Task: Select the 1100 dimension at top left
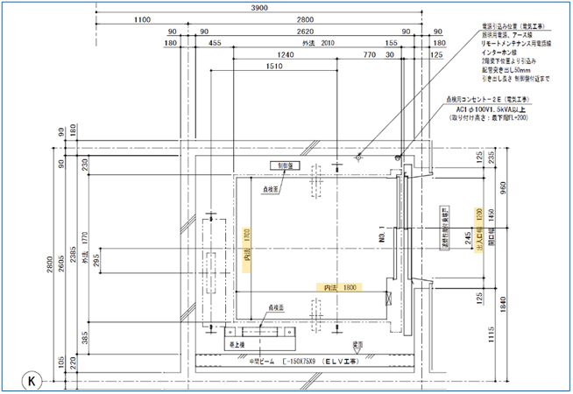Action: [139, 18]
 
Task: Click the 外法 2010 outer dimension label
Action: [318, 42]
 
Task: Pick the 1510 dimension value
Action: [273, 66]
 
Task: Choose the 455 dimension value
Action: [215, 42]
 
